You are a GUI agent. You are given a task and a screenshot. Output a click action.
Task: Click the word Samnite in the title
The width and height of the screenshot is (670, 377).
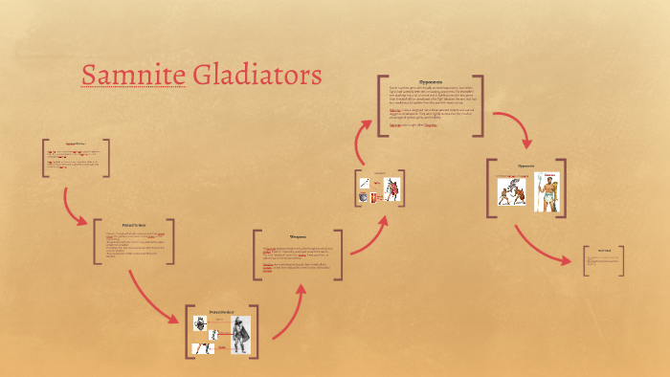[x=130, y=74]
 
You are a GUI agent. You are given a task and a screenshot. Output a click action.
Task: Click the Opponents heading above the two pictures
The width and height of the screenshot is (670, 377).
[x=525, y=166]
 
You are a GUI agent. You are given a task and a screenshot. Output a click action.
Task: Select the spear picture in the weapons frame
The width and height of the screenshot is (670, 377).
[x=364, y=183]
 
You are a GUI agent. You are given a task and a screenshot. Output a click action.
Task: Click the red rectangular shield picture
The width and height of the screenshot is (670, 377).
[x=374, y=196]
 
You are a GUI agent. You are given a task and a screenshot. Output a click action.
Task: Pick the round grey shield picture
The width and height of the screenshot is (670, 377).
[x=363, y=197]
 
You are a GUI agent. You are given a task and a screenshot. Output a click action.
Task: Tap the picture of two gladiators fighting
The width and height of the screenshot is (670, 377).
[x=507, y=190]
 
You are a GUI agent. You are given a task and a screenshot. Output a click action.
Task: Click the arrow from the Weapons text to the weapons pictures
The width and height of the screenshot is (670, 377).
[x=368, y=237]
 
